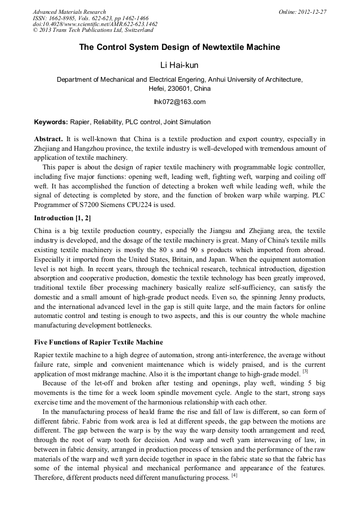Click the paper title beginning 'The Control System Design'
pos(179,47)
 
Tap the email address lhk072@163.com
pos(179,102)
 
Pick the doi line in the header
pos(95,24)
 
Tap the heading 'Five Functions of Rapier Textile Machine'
pos(98,342)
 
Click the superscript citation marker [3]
pos(305,371)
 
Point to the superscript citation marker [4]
pos(234,475)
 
